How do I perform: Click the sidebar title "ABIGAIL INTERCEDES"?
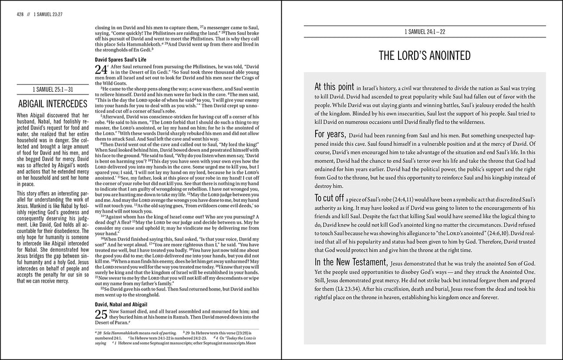pyautogui.click(x=53, y=103)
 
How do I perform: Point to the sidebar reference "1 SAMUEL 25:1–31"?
pyautogui.click(x=53, y=88)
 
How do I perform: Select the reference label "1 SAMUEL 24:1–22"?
pyautogui.click(x=425, y=32)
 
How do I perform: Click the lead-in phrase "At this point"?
pyautogui.click(x=334, y=87)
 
